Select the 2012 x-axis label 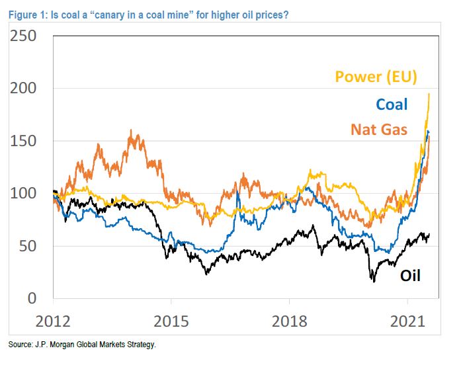[53, 321]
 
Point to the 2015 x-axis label [171, 321]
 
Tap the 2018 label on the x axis [289, 321]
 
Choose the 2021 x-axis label [407, 321]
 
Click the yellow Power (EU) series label [376, 76]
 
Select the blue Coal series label [392, 104]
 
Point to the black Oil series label [410, 276]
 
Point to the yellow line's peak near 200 [429, 94]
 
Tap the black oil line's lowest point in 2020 [373, 282]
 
